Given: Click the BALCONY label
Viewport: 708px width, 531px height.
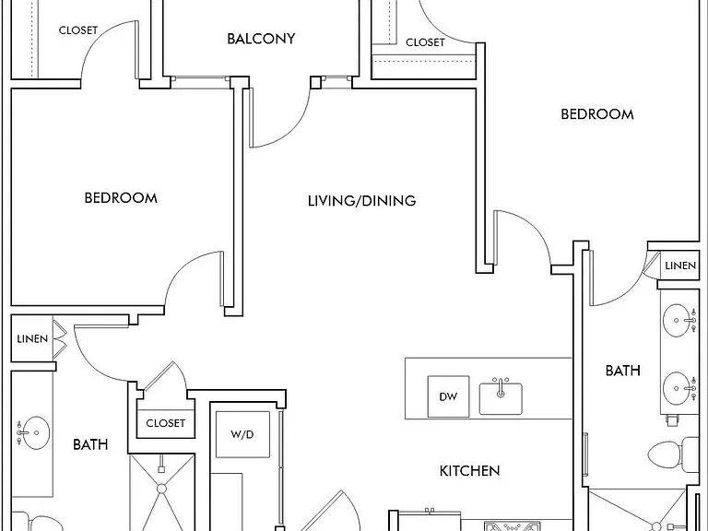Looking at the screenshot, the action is pos(261,39).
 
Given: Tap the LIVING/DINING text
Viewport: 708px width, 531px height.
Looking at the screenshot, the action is pos(361,200).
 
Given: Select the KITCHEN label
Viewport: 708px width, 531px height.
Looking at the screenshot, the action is pos(469,471).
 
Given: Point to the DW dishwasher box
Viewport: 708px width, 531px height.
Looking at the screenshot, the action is pos(448,396).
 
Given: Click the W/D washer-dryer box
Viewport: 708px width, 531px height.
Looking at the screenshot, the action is pos(242,434).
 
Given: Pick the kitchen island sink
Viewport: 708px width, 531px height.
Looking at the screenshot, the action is pos(501,398).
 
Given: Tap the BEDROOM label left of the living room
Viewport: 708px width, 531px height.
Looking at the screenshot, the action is pos(121,198).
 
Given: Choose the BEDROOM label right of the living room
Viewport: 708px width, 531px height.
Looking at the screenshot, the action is pos(597,114).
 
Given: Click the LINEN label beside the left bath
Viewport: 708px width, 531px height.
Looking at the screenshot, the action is pos(32,338).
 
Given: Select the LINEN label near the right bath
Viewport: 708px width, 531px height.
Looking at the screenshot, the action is pos(680,265).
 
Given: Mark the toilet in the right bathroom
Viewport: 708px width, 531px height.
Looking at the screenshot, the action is pos(673,454).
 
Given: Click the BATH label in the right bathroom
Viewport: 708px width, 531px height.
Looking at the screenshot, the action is pos(622,371).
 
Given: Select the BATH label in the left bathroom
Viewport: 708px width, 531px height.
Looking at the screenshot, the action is pos(90,444).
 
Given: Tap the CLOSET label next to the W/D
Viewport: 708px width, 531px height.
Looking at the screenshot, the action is pos(165,423).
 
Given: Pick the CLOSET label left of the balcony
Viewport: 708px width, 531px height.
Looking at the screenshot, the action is pos(78,30).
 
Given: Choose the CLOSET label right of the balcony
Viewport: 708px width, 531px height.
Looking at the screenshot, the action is pos(425,42).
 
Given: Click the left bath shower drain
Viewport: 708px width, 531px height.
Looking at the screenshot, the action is pos(162,489).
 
